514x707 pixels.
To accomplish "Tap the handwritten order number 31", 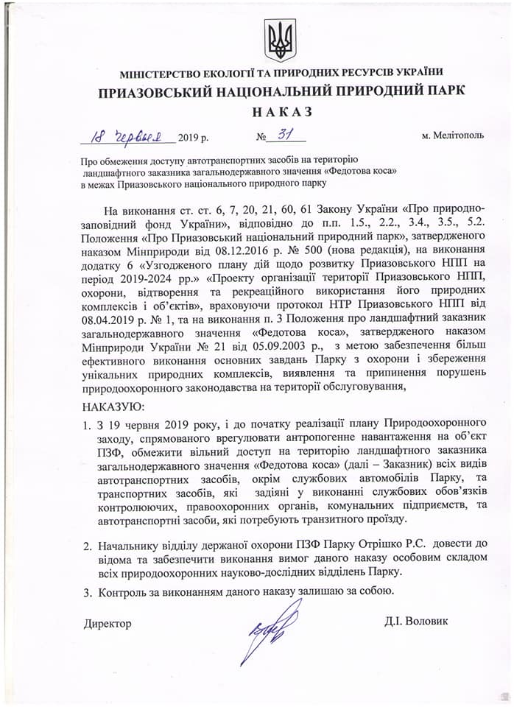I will click(283, 135).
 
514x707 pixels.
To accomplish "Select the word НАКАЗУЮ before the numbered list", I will click(114, 406).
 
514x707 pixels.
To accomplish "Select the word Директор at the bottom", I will click(108, 624).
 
